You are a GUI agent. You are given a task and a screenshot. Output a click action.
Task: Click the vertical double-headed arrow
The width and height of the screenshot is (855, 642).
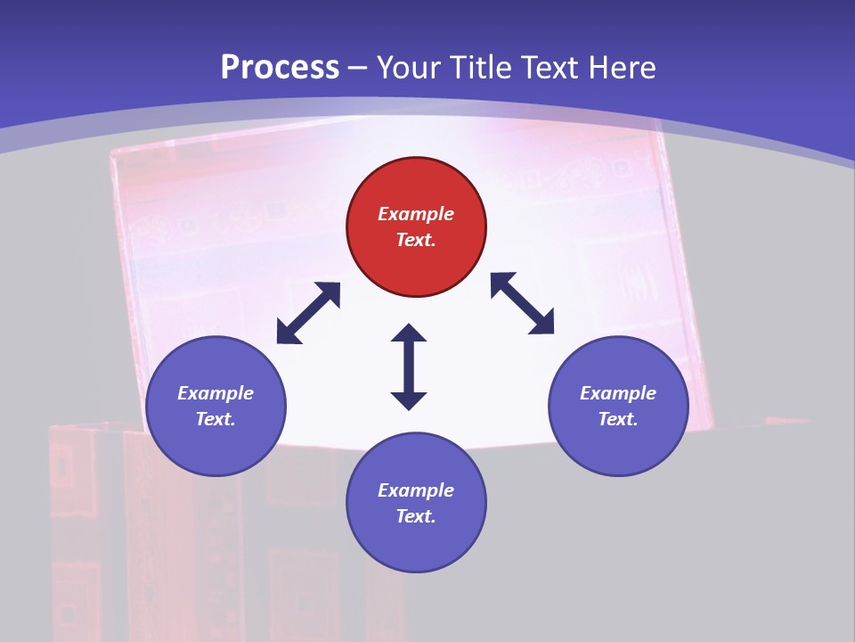point(409,366)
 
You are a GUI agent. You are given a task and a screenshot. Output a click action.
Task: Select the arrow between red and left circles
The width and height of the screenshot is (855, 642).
point(308,313)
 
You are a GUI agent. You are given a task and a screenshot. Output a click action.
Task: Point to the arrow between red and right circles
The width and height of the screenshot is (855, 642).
point(523,303)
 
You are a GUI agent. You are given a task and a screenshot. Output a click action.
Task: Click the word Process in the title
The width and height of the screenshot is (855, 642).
point(280,67)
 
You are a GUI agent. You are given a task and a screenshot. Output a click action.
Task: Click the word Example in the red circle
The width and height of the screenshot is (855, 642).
point(416,214)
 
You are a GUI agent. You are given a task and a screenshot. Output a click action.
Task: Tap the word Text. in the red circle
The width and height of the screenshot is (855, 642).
point(416,240)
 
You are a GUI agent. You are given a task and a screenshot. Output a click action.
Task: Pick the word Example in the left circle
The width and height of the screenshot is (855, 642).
point(216,393)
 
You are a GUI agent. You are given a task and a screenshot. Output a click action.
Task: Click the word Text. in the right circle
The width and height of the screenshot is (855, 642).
point(618,419)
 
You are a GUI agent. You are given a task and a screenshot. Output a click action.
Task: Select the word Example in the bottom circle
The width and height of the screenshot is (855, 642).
point(416,490)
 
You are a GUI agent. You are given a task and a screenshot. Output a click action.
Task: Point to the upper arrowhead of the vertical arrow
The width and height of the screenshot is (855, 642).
point(409,334)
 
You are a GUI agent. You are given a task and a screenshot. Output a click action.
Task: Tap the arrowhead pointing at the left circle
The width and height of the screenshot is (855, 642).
point(286,334)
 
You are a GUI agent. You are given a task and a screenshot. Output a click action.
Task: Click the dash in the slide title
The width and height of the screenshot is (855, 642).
point(358,68)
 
